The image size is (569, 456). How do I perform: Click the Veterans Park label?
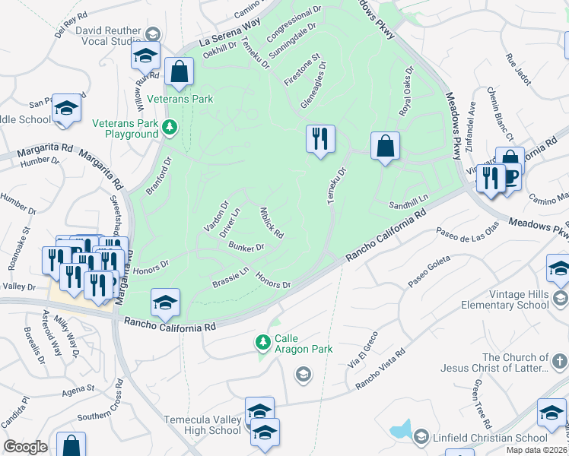(x=180, y=99)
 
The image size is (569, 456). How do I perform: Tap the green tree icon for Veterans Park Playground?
(x=171, y=126)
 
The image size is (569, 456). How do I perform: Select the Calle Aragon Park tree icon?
(x=263, y=342)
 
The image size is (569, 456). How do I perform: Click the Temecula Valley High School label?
(x=203, y=425)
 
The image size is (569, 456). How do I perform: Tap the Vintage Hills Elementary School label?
(x=505, y=299)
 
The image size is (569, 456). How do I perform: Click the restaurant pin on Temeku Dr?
(x=320, y=138)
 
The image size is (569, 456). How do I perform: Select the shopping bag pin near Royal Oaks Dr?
(x=386, y=145)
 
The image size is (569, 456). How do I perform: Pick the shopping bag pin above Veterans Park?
(x=180, y=72)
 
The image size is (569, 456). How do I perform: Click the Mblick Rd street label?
(x=272, y=223)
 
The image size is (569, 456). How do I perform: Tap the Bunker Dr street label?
(x=246, y=247)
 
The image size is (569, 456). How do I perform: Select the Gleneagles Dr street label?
(x=313, y=84)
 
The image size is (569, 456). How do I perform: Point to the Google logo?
(x=25, y=446)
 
